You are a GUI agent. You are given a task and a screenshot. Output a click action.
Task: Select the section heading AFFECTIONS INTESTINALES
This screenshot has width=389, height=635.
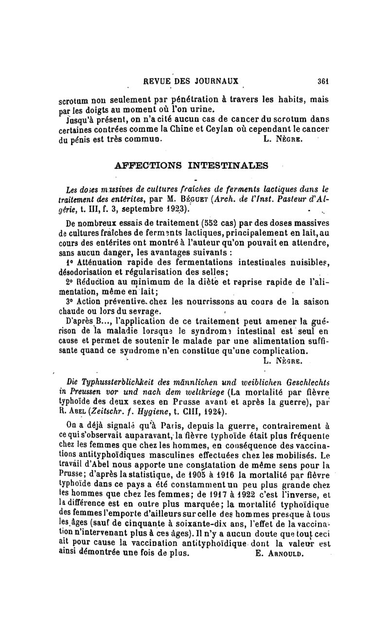[191, 165]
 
